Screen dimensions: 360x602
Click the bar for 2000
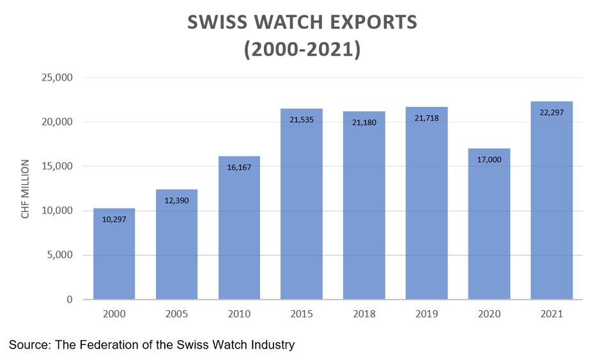(x=114, y=256)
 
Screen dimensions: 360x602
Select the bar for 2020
(x=489, y=230)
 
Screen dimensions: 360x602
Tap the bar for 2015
(x=302, y=211)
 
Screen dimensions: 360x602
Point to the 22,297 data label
(x=552, y=113)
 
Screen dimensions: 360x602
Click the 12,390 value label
(x=176, y=200)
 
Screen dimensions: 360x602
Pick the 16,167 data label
(x=239, y=167)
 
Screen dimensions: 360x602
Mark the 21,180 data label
(x=364, y=122)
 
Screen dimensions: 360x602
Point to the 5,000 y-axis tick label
(x=60, y=255)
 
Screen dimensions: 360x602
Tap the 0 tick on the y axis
(x=69, y=299)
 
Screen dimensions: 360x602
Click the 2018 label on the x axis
(x=364, y=315)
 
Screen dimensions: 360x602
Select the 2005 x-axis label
(x=176, y=315)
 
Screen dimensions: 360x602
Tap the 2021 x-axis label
(x=552, y=315)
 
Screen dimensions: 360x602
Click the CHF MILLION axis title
(x=26, y=189)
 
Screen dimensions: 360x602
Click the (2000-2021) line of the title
(x=302, y=49)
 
